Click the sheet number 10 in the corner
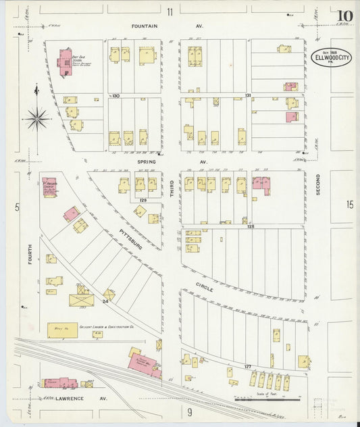(x=345, y=16)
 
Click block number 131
(x=249, y=96)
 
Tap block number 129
(x=143, y=201)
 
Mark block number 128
(x=250, y=226)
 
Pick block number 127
(x=247, y=367)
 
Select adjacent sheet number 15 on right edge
(x=349, y=204)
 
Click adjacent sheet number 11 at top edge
(x=170, y=11)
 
